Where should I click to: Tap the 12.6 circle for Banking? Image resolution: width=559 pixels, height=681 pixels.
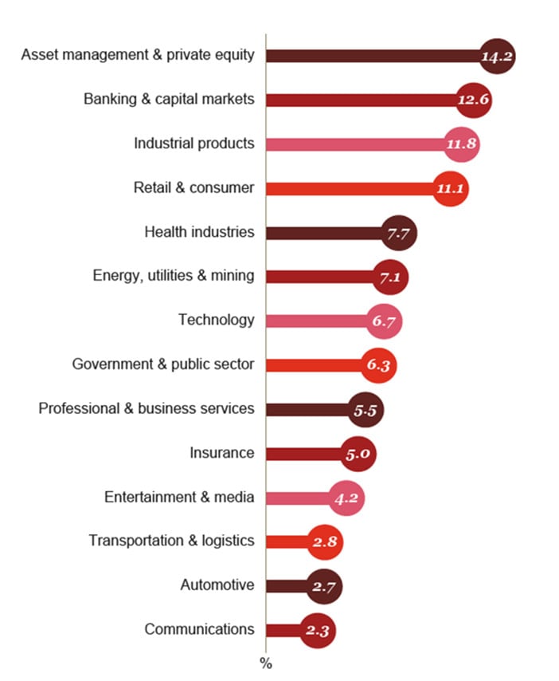coord(474,100)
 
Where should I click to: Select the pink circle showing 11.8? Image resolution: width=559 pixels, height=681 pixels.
coord(462,144)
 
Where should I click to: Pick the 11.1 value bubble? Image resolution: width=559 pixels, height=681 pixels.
coord(451,189)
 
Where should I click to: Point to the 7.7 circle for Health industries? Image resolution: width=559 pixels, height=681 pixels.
coord(399,233)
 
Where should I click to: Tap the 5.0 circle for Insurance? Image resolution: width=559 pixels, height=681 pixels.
coord(358,454)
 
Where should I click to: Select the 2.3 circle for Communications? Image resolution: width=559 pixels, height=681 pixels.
coord(318,630)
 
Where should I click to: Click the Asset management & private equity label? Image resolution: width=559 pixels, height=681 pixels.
coord(138,55)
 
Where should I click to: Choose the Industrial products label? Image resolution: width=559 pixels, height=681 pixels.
coord(194,144)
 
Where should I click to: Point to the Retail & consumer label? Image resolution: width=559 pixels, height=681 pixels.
coord(194,188)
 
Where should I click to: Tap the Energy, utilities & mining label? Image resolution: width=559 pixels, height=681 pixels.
coord(174,276)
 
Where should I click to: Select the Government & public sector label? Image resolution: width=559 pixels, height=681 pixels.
coord(163,364)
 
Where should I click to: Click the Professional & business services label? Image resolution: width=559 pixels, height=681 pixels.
coord(147,408)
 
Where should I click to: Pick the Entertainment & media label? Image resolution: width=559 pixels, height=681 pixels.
coord(179,497)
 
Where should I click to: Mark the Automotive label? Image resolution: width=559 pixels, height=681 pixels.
coord(217,585)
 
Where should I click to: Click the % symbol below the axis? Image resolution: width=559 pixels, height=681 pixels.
coord(266,663)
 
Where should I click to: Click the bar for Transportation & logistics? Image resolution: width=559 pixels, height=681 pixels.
coord(287,541)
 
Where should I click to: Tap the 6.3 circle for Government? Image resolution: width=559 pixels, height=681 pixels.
coord(378,365)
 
